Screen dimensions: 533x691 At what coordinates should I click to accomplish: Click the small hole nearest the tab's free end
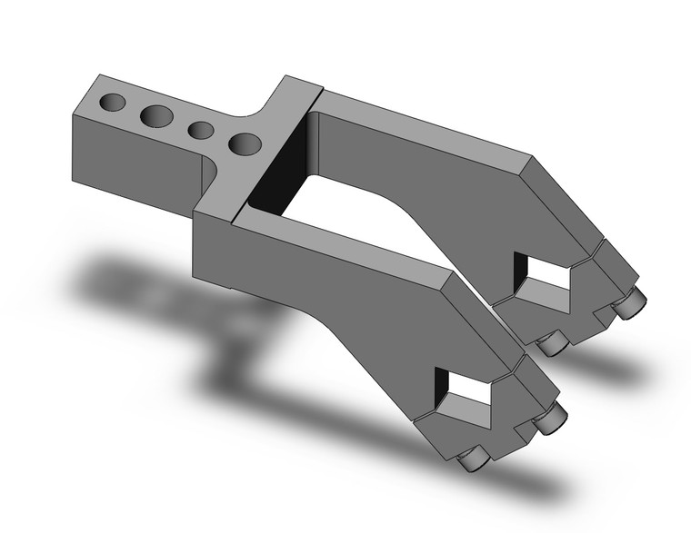(x=114, y=102)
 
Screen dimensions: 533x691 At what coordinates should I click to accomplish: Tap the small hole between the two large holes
(x=201, y=131)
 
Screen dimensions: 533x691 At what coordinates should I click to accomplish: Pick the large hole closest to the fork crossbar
(x=245, y=143)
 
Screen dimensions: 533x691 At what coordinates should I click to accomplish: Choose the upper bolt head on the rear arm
(x=629, y=305)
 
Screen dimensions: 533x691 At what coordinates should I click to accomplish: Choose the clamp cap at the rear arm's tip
(x=582, y=300)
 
